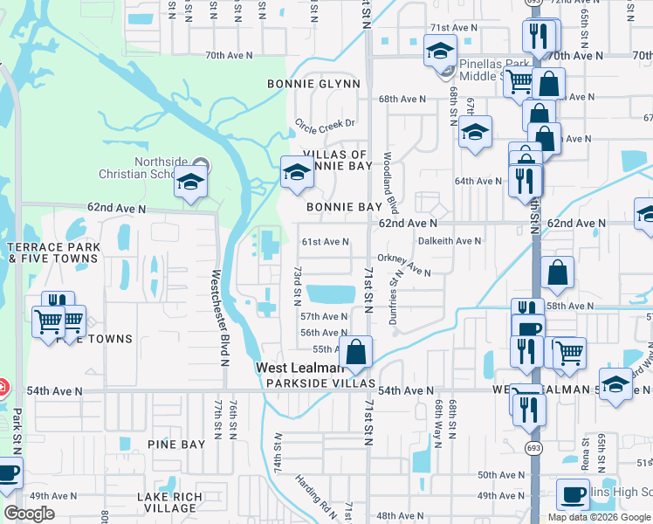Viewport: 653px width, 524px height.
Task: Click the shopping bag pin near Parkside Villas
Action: (356, 353)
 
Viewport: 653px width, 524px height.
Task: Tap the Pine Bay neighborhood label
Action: (176, 445)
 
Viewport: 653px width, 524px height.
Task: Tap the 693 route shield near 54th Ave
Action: (531, 447)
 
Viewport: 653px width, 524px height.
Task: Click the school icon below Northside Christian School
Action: (190, 184)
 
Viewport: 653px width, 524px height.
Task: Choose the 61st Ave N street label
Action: (325, 242)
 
